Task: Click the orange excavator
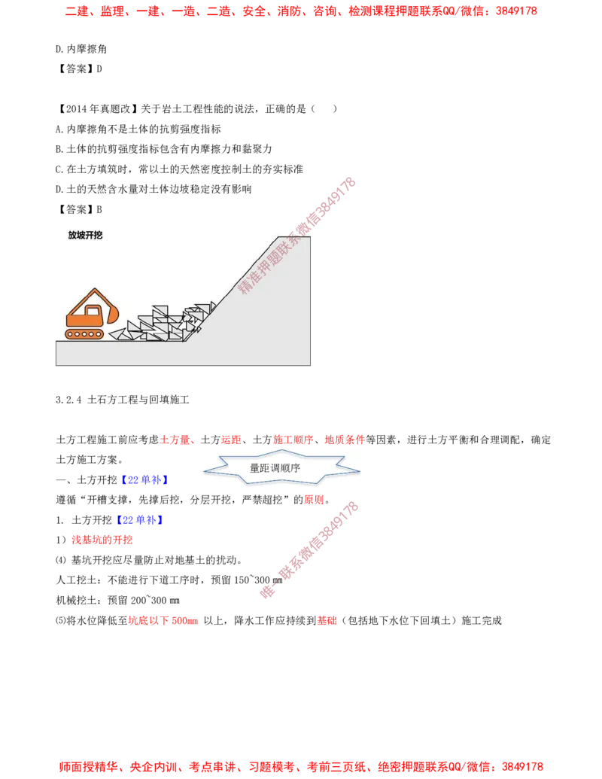[92, 314]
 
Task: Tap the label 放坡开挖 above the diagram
[86, 235]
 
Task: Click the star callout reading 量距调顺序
[281, 467]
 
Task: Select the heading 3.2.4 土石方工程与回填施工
[122, 400]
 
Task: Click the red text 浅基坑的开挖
[102, 540]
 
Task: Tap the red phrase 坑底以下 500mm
[163, 620]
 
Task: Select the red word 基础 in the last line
[327, 620]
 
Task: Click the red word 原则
[314, 500]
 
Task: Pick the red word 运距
[231, 440]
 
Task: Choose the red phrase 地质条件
[345, 440]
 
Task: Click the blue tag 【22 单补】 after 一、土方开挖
[144, 480]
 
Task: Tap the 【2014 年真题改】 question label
[97, 109]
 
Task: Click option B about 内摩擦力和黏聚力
[164, 149]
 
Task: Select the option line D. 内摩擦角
[81, 49]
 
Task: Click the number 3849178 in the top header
[516, 11]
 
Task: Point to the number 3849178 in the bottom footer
[522, 766]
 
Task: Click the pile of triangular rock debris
[163, 321]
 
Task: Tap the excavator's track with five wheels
[84, 334]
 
